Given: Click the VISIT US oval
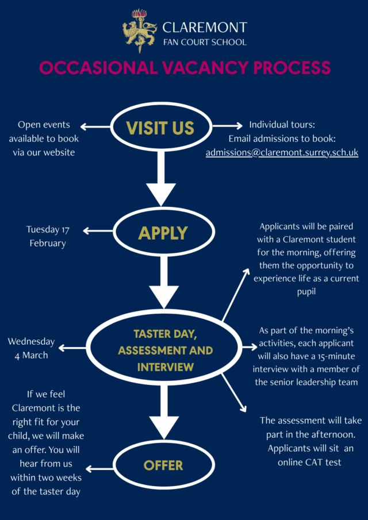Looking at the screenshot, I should click(x=160, y=127).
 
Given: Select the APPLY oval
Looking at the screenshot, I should click(x=163, y=232).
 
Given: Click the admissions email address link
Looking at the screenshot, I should click(x=282, y=152).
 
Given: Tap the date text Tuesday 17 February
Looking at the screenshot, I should click(x=48, y=236).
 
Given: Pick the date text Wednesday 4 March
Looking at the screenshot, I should click(x=31, y=348).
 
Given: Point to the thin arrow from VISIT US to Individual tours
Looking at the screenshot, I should click(x=228, y=126).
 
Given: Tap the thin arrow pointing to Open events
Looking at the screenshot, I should click(x=95, y=126).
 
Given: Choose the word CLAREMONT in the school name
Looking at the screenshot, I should click(x=205, y=27).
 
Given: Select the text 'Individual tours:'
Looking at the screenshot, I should click(x=282, y=125).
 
